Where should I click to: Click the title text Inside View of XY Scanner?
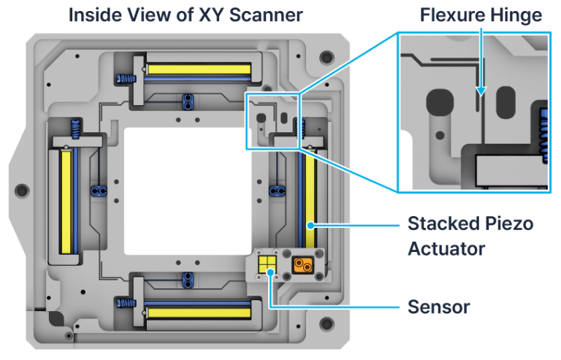click(186, 14)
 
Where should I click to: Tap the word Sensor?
click(438, 306)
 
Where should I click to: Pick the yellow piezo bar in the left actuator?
click(66, 200)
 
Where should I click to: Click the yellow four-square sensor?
click(268, 264)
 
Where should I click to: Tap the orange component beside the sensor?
click(301, 264)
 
